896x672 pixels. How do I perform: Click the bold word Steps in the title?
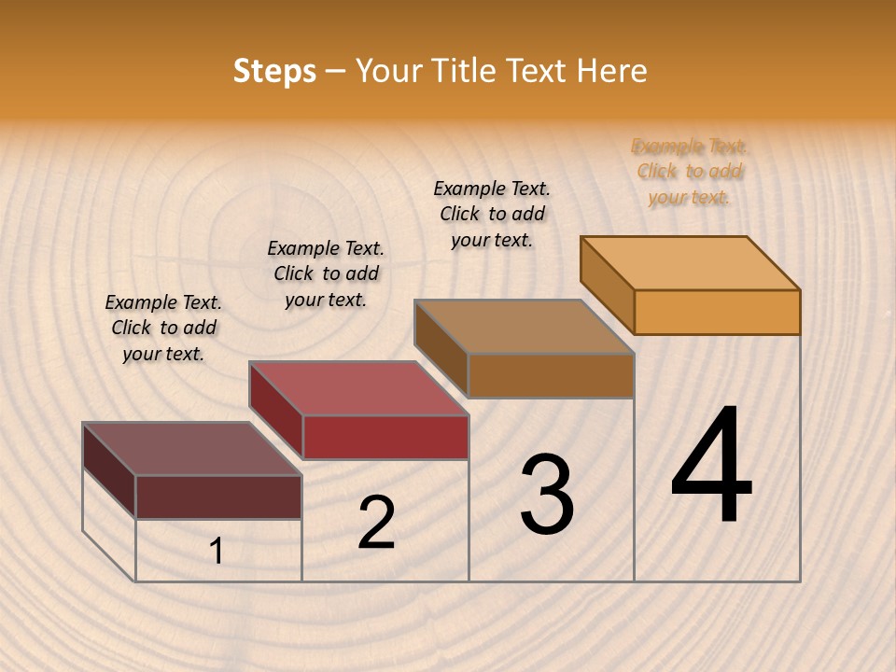[274, 71]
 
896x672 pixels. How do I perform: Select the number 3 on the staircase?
[547, 495]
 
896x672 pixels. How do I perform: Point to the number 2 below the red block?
[376, 523]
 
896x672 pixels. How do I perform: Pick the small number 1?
[217, 552]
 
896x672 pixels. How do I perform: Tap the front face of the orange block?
[717, 312]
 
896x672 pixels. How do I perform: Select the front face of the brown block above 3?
[551, 375]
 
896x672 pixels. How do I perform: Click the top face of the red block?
[358, 387]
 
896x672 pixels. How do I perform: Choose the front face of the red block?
[385, 437]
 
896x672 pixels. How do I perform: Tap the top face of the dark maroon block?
[192, 449]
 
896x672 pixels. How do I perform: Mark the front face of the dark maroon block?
[218, 497]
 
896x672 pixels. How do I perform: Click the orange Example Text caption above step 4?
[690, 172]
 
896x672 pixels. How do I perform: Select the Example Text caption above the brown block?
[492, 214]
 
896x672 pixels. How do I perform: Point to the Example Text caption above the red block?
[326, 273]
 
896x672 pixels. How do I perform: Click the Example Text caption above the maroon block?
[163, 328]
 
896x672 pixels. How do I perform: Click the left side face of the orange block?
[608, 284]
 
